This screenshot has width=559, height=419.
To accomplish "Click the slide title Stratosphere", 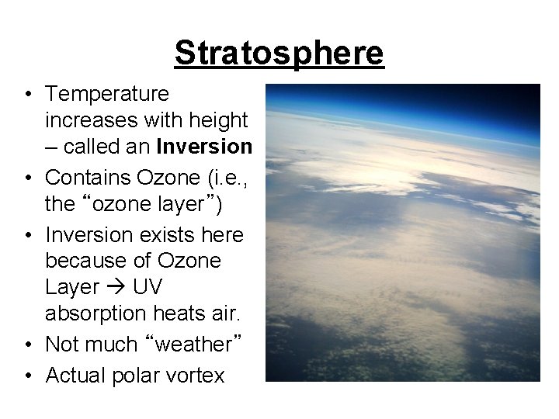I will click(279, 53).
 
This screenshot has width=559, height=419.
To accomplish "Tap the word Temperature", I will click(107, 94).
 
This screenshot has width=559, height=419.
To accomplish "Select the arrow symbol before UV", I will click(116, 288).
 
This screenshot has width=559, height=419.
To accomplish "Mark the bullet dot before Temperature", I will click(27, 95).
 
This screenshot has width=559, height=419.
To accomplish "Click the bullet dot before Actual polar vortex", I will click(27, 376).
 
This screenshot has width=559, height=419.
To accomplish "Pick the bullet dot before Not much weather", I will click(27, 345).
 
